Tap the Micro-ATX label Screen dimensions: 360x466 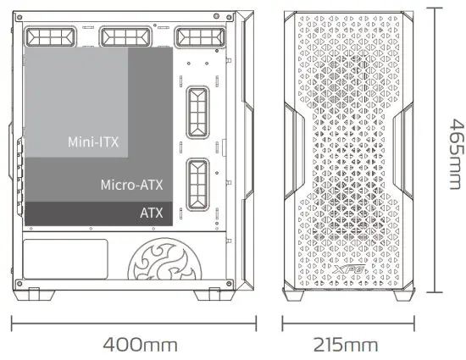(131, 184)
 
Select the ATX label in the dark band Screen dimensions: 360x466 (152, 213)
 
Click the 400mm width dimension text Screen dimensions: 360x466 (140, 345)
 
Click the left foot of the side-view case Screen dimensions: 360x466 (38, 296)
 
